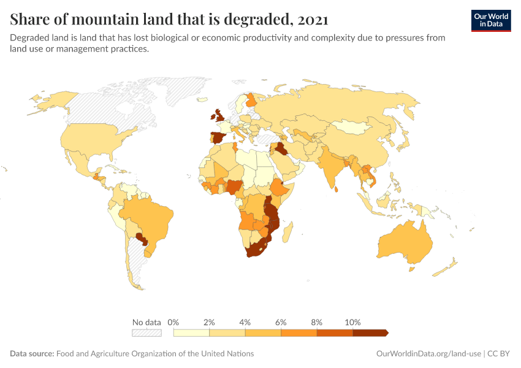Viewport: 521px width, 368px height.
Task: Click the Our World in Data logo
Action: point(491,20)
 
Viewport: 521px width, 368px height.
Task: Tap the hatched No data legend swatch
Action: point(146,332)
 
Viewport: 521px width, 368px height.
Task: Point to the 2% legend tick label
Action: point(209,322)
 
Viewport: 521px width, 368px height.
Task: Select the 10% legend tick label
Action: point(353,322)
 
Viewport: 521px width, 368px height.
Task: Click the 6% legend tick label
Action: point(281,322)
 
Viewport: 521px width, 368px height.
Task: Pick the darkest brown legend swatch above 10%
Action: point(370,332)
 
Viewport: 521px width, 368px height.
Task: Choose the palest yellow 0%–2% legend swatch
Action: point(191,332)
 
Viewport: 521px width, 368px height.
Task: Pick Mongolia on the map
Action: point(352,128)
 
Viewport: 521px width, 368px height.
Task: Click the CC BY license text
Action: point(500,354)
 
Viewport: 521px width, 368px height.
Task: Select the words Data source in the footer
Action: point(31,354)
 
